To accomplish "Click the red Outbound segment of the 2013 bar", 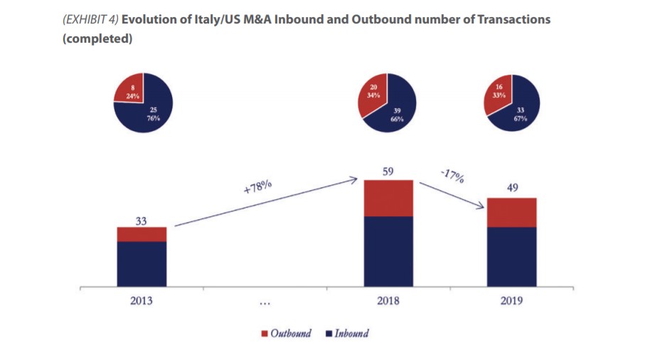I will pos(142,234).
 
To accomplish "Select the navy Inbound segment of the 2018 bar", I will pos(388,251).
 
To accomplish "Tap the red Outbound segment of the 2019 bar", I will pos(511,212).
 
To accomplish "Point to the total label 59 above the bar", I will pos(388,171).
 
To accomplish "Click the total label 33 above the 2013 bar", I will pos(142,221).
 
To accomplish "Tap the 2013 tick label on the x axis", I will pos(142,300).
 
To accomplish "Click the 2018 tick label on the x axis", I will pos(388,300).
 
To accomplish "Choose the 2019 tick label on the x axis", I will pos(511,300).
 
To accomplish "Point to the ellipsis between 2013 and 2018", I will pos(265,302).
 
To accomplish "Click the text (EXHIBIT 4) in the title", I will pos(90,20).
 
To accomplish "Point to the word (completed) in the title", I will pos(97,38).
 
